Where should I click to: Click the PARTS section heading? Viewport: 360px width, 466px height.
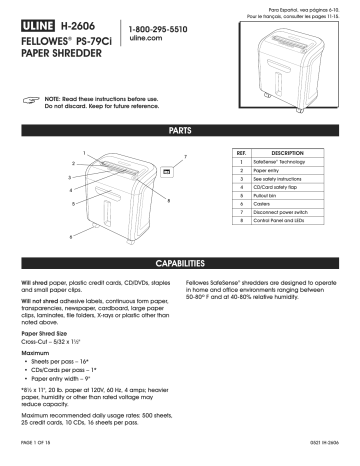pos(180,130)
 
